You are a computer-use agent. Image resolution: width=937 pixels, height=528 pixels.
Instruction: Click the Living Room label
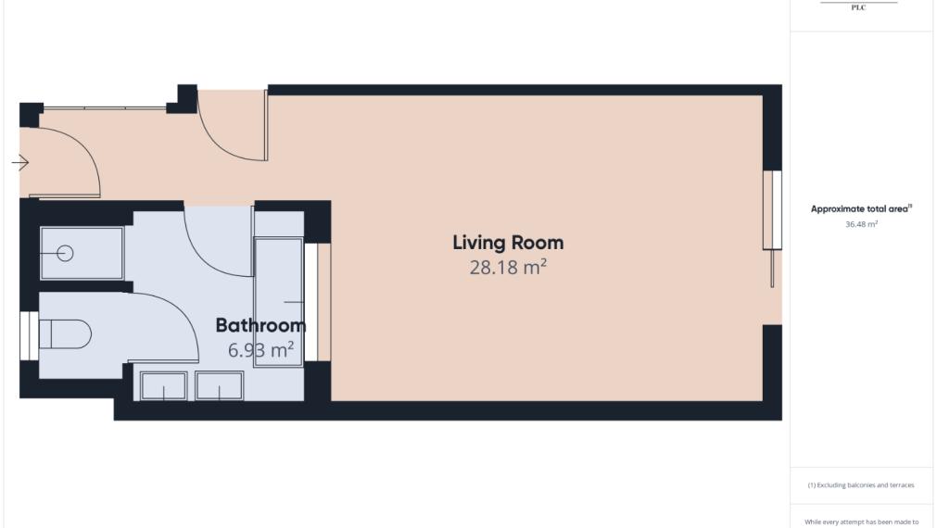[508, 243]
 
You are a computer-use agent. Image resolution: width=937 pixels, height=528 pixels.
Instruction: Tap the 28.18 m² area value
[508, 268]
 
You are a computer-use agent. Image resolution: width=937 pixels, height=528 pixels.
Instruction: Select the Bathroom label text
[260, 325]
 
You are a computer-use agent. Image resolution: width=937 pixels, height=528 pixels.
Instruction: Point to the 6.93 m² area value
[260, 350]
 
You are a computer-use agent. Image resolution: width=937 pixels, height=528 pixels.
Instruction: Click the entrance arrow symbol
[20, 163]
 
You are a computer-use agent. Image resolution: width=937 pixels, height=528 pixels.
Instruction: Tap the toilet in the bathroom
[68, 333]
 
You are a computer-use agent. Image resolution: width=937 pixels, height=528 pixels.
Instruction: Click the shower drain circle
[65, 253]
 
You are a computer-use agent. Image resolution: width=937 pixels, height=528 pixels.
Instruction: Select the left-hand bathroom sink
[162, 385]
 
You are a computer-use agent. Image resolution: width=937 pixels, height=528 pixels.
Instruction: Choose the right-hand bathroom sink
[220, 385]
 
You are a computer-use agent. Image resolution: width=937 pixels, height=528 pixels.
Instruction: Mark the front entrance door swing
[70, 162]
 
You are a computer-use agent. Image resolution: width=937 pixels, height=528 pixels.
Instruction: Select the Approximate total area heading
[861, 209]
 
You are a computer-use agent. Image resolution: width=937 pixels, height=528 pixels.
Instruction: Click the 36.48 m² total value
[861, 224]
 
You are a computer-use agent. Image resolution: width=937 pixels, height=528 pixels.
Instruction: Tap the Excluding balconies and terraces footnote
[861, 485]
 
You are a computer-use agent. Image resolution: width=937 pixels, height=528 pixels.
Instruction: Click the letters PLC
[858, 7]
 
